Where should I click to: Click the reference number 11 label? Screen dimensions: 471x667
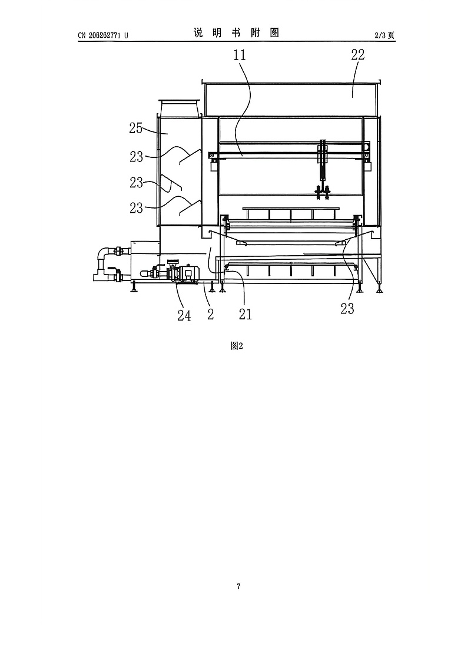pyautogui.click(x=240, y=55)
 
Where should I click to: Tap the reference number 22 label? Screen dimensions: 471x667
pyautogui.click(x=358, y=54)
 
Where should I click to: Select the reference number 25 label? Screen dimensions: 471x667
pyautogui.click(x=135, y=128)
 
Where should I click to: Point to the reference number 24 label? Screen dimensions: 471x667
pyautogui.click(x=184, y=316)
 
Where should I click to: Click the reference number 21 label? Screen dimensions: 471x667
pyautogui.click(x=246, y=315)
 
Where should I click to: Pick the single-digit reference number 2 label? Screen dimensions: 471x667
pyautogui.click(x=210, y=315)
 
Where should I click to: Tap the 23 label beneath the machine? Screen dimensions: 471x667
pyautogui.click(x=347, y=309)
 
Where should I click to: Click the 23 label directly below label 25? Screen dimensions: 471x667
pyautogui.click(x=137, y=157)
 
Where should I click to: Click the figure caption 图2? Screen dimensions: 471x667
pyautogui.click(x=237, y=346)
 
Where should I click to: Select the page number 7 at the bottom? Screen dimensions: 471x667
pyautogui.click(x=238, y=587)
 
